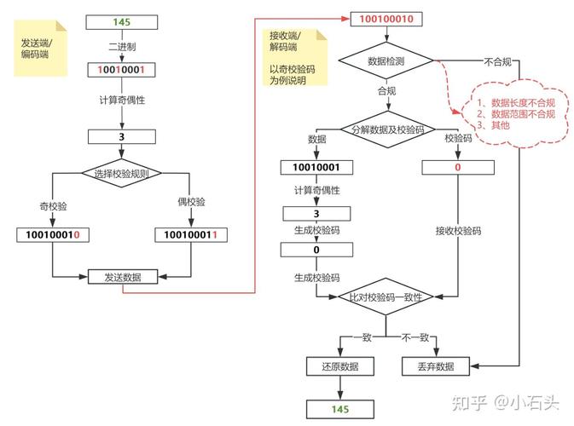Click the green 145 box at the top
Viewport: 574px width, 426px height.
coord(123,21)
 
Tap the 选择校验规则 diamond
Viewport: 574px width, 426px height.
coord(123,173)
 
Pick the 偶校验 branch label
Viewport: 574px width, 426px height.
coord(190,202)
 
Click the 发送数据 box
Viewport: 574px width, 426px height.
coord(123,277)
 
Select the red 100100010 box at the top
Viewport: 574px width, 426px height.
coord(387,19)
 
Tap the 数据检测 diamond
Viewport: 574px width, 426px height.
coord(387,61)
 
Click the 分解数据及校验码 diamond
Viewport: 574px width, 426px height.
coord(387,130)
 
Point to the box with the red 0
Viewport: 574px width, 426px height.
coord(458,168)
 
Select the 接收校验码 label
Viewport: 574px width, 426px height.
coord(458,231)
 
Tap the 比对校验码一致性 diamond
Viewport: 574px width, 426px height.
coord(387,296)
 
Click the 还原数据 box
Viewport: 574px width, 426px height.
coord(339,366)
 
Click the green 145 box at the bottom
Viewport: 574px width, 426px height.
coord(339,410)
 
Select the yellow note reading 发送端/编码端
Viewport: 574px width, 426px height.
coord(40,49)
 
